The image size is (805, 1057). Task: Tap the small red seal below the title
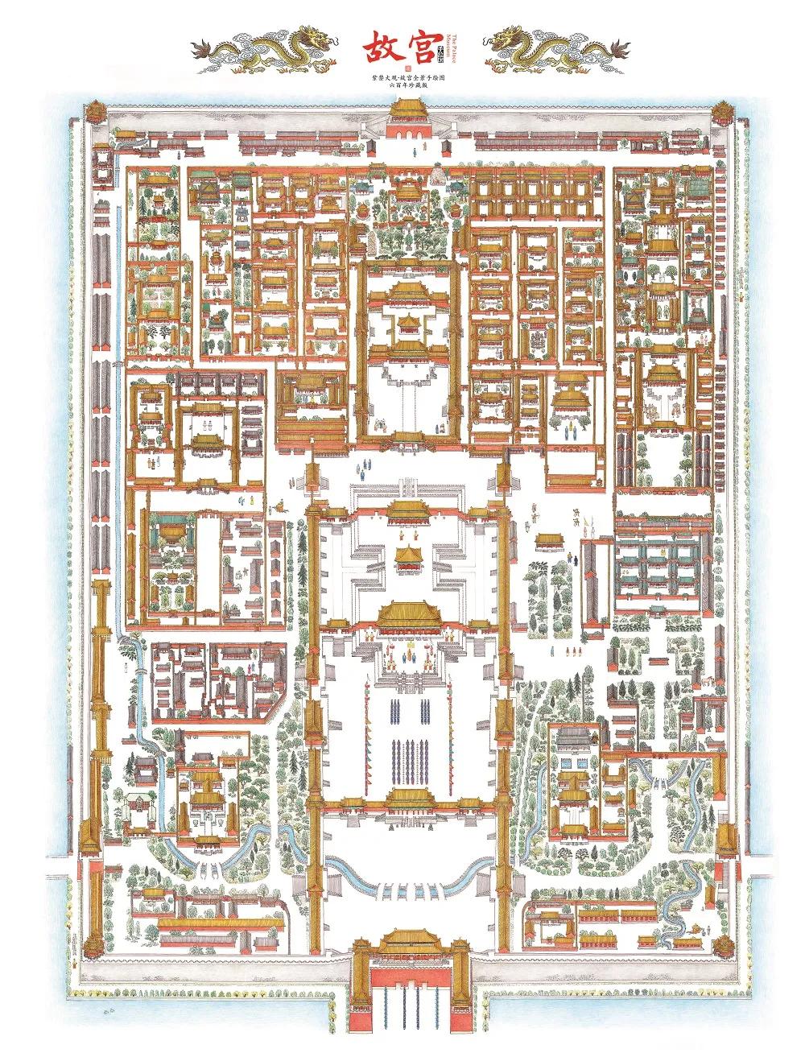point(406,68)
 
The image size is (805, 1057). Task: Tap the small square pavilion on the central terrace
point(407,555)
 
